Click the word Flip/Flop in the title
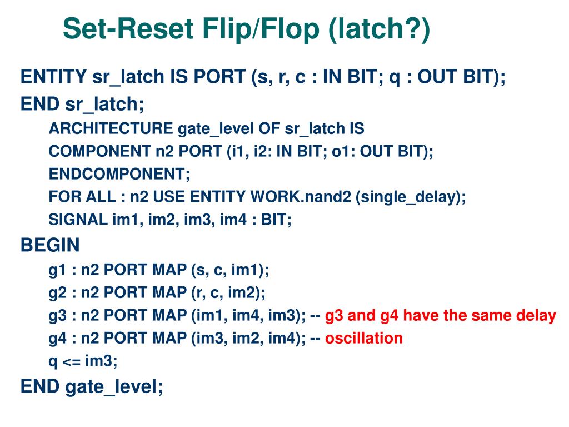[261, 29]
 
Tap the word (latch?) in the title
[379, 29]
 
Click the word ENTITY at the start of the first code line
[53, 77]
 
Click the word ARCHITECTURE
[111, 128]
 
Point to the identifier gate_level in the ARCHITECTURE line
[216, 129]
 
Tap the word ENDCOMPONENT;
[119, 174]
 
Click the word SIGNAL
[78, 220]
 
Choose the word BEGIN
[50, 245]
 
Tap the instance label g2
[57, 293]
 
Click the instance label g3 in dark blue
[57, 316]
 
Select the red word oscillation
[363, 338]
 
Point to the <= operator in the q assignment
[71, 361]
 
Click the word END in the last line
[40, 386]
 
